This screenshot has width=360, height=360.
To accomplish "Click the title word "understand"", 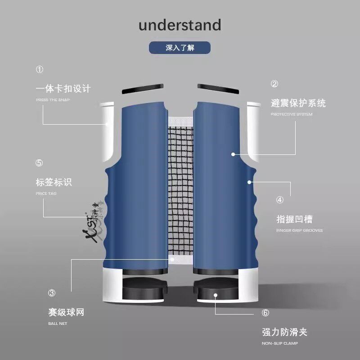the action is pos(180,25).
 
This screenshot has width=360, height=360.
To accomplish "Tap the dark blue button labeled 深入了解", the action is pos(180,48).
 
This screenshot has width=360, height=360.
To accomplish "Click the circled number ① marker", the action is pos(40,70).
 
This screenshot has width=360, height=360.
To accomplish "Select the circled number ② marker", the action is pos(274,84).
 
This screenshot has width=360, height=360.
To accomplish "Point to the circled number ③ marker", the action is pos(52,293).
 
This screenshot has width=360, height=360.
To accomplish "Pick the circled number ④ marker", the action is pos(280,200).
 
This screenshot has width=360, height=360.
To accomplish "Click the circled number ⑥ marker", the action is pos(265,313).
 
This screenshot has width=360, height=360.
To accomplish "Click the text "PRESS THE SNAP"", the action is pos(53,100).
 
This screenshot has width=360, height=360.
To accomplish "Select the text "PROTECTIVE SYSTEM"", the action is pos(291,114).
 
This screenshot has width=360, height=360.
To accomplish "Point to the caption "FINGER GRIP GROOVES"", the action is pos(299,230).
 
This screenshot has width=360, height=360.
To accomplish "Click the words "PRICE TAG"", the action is pos(46,193).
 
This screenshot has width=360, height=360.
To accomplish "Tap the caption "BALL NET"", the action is pos(58,324).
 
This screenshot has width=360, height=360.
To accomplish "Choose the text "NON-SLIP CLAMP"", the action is pos(279,344).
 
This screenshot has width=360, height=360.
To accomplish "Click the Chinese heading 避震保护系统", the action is pos(298,103).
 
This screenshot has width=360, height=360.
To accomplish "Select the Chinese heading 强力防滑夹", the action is pos(284,333).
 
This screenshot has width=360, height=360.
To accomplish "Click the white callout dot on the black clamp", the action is pos(216,296).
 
